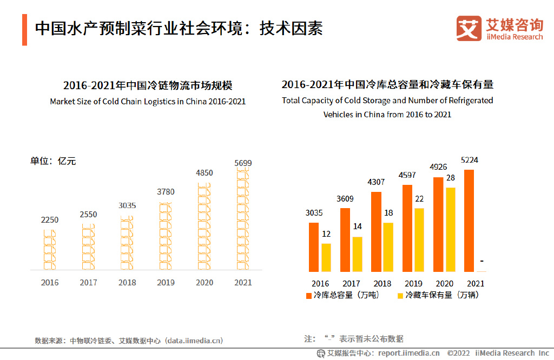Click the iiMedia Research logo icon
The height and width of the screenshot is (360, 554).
(469, 29)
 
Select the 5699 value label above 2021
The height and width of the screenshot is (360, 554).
(243, 163)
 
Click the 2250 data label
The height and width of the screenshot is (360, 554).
(50, 219)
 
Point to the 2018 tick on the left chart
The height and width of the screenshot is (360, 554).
(127, 282)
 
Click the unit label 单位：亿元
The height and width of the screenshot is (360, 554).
(53, 161)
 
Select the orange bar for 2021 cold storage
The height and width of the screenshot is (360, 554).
(469, 221)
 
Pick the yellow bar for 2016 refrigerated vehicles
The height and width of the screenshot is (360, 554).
(326, 257)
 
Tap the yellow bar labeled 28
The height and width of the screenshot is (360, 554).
(450, 229)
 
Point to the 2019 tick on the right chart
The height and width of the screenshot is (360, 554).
(413, 283)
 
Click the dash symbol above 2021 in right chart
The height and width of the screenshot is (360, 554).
(482, 262)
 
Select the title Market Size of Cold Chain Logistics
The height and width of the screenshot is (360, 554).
(148, 101)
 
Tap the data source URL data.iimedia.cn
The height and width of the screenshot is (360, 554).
(194, 341)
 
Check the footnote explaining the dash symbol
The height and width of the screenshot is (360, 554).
(354, 339)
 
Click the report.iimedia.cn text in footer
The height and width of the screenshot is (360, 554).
(408, 354)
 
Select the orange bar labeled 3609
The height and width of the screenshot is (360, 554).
(345, 239)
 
